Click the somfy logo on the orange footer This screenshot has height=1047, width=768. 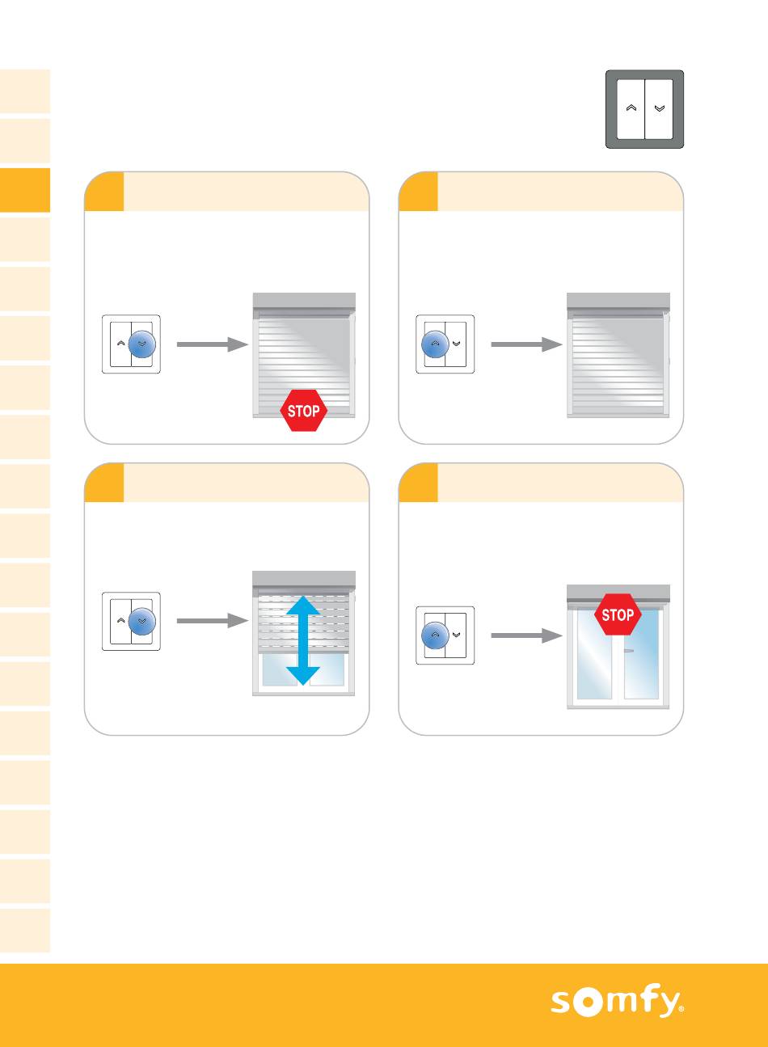pyautogui.click(x=617, y=1001)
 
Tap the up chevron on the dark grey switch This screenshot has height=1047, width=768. pyautogui.click(x=631, y=108)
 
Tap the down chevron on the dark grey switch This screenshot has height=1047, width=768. pyautogui.click(x=660, y=108)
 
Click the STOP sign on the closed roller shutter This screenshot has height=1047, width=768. pyautogui.click(x=303, y=411)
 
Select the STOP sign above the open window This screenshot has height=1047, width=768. pyautogui.click(x=618, y=614)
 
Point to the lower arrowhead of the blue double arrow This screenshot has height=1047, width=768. pyautogui.click(x=303, y=676)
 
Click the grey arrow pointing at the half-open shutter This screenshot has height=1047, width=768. pyautogui.click(x=213, y=621)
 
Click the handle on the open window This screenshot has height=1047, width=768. pyautogui.click(x=629, y=651)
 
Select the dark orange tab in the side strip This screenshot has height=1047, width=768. pyautogui.click(x=25, y=190)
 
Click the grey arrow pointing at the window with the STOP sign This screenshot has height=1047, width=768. pyautogui.click(x=526, y=635)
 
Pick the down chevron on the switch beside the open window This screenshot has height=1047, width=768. pyautogui.click(x=456, y=635)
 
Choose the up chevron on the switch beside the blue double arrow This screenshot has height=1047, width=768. pyautogui.click(x=120, y=620)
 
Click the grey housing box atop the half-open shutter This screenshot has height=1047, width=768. pyautogui.click(x=304, y=579)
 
